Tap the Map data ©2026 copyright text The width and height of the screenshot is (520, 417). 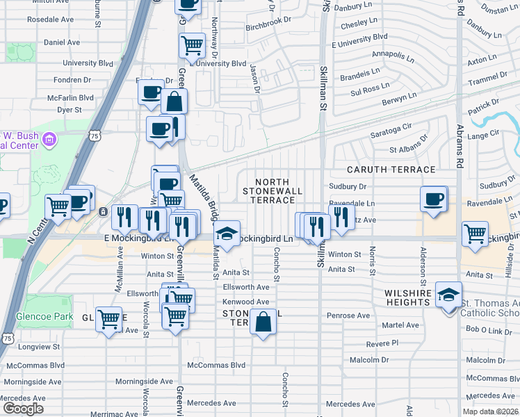tap(490, 411)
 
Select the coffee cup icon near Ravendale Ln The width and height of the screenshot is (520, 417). tap(434, 199)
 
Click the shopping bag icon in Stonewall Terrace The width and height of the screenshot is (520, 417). tap(263, 322)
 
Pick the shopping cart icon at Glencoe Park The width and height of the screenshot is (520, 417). tap(109, 320)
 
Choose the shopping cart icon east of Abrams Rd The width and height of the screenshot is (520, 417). tap(475, 234)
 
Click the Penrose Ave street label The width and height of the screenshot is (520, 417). tap(348, 316)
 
